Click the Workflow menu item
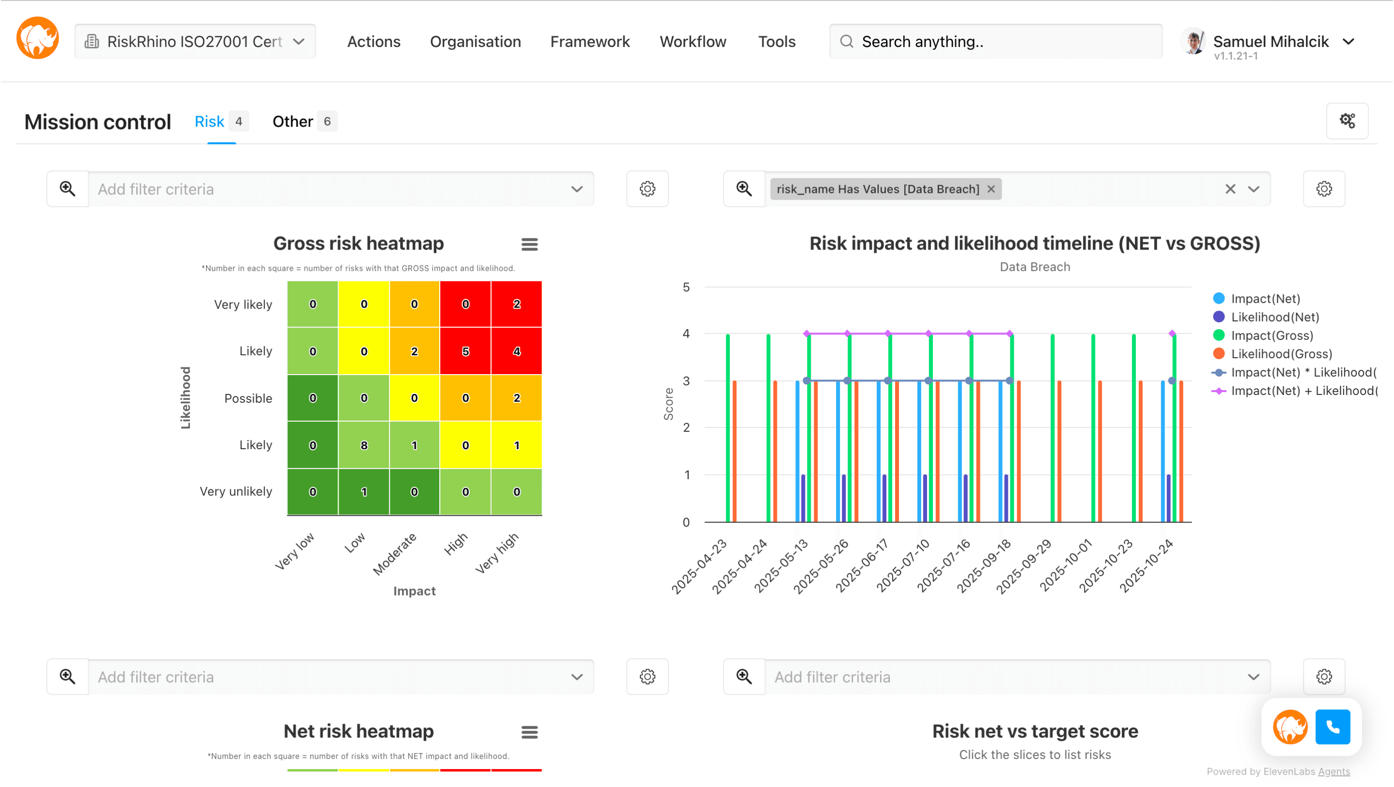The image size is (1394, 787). pos(692,42)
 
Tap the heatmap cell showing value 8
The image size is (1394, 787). pos(364,445)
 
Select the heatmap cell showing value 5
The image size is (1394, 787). pos(465,351)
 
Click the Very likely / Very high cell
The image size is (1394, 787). pos(516,304)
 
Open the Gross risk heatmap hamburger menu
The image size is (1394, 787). pos(529,245)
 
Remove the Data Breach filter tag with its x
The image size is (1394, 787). pos(991,189)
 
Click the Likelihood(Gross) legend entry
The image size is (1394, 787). pos(1280,354)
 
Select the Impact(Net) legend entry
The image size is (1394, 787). pos(1265,299)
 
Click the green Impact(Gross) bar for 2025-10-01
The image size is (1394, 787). pos(1093,427)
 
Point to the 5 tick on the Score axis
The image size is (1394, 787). pos(686,287)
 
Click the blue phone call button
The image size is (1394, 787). pos(1332,727)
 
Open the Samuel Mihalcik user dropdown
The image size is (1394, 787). pos(1348,42)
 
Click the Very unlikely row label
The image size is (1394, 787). pos(235,491)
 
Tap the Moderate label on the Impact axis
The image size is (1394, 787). pos(395,553)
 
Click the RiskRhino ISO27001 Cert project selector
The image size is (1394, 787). pos(195,42)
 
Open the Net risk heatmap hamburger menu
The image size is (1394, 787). pos(529,732)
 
